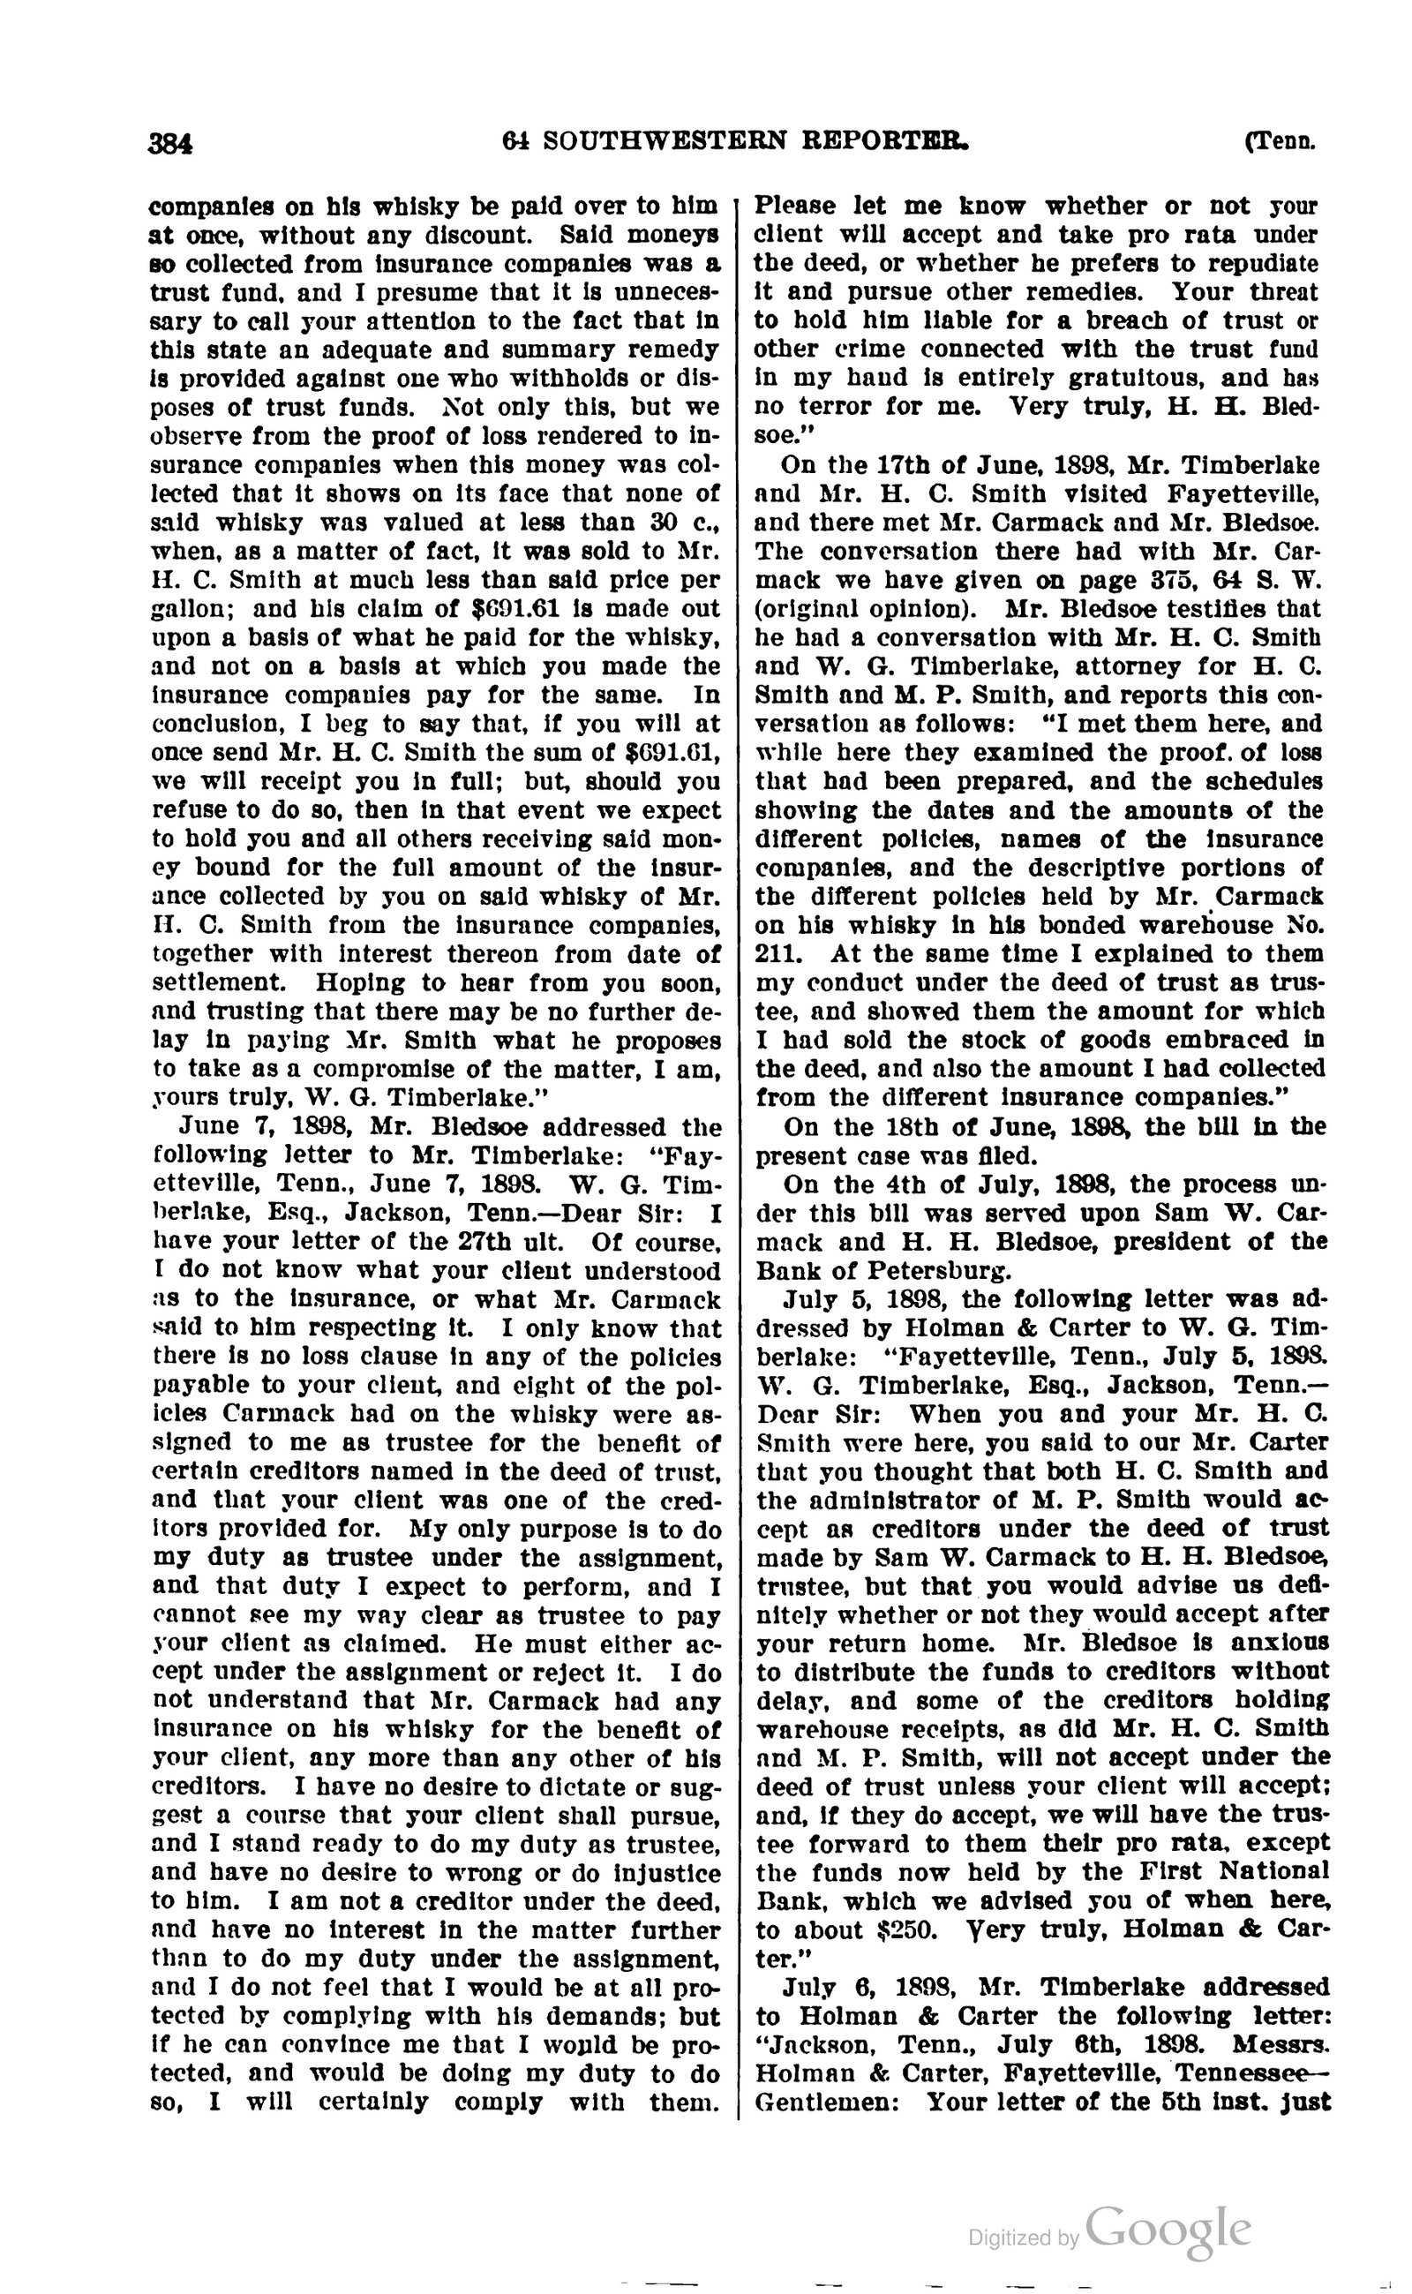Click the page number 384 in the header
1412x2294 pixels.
click(171, 143)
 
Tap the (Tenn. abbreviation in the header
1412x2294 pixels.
click(1280, 142)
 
